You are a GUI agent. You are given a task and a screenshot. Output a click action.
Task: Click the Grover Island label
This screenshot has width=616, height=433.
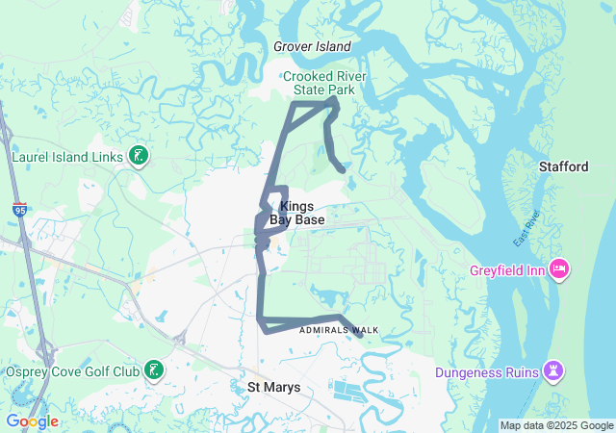(x=312, y=46)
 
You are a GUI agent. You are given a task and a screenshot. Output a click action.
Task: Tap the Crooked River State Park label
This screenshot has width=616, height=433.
(x=319, y=83)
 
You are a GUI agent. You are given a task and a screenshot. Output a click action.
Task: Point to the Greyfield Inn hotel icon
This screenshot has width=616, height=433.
(x=557, y=267)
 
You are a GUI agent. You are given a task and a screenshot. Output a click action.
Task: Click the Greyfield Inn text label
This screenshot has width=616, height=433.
(x=507, y=270)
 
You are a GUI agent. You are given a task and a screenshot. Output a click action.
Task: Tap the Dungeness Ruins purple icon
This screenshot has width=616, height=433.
(x=554, y=370)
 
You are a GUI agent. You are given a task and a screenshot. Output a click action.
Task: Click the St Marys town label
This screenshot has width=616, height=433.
(x=274, y=387)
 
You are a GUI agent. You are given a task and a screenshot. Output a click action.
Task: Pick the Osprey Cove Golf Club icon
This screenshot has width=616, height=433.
(x=154, y=370)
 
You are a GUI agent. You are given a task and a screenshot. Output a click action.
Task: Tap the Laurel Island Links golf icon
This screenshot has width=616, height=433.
(x=139, y=156)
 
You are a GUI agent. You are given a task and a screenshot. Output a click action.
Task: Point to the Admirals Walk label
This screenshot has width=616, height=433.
(x=339, y=330)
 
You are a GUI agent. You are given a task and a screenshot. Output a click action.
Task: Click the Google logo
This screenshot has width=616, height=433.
(x=32, y=421)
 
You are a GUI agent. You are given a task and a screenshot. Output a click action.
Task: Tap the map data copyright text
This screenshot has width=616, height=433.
(x=555, y=425)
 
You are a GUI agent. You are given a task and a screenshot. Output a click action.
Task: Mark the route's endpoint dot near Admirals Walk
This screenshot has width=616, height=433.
(x=360, y=336)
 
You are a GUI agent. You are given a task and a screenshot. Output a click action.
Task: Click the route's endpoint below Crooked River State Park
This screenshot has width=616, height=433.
(x=343, y=170)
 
